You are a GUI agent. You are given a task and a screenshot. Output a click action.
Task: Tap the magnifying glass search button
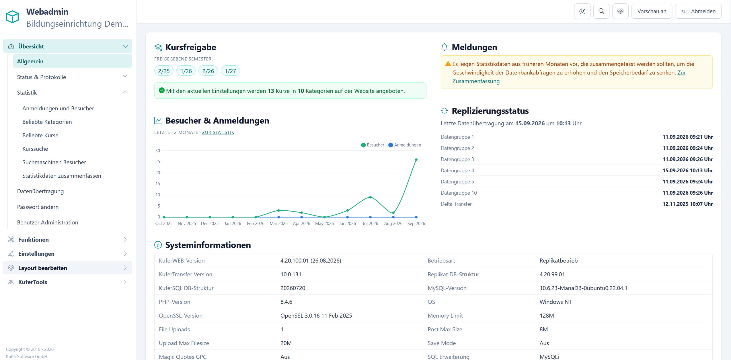pyautogui.click(x=601, y=11)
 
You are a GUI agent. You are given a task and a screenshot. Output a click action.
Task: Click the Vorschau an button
pyautogui.click(x=652, y=11)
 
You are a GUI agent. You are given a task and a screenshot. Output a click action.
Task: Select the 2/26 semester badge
pyautogui.click(x=208, y=71)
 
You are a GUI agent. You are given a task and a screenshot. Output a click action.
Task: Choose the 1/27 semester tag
pyautogui.click(x=230, y=71)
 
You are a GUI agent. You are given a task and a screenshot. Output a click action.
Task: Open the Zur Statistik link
pyautogui.click(x=218, y=132)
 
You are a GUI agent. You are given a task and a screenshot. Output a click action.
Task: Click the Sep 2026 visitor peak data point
pyautogui.click(x=416, y=160)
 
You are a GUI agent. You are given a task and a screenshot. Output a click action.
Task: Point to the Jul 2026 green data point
pyautogui.click(x=370, y=197)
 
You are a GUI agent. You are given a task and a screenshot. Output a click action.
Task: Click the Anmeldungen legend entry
pyautogui.click(x=405, y=145)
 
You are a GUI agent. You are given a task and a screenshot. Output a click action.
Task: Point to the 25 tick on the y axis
pyautogui.click(x=158, y=162)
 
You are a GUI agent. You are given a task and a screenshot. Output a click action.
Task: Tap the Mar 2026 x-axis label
pyautogui.click(x=278, y=224)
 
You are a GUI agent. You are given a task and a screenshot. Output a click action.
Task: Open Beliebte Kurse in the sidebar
pyautogui.click(x=40, y=135)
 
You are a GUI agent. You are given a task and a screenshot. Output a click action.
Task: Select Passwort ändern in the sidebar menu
pyautogui.click(x=38, y=207)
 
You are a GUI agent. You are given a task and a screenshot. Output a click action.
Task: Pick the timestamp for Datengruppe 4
pyautogui.click(x=687, y=170)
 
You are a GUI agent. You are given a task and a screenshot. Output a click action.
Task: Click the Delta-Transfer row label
pyautogui.click(x=456, y=204)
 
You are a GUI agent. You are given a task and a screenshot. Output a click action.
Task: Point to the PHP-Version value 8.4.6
pyautogui.click(x=286, y=302)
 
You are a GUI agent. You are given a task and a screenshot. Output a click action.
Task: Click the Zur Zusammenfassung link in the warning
pyautogui.click(x=569, y=77)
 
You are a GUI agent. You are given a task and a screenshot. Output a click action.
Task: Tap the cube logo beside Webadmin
pyautogui.click(x=12, y=17)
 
